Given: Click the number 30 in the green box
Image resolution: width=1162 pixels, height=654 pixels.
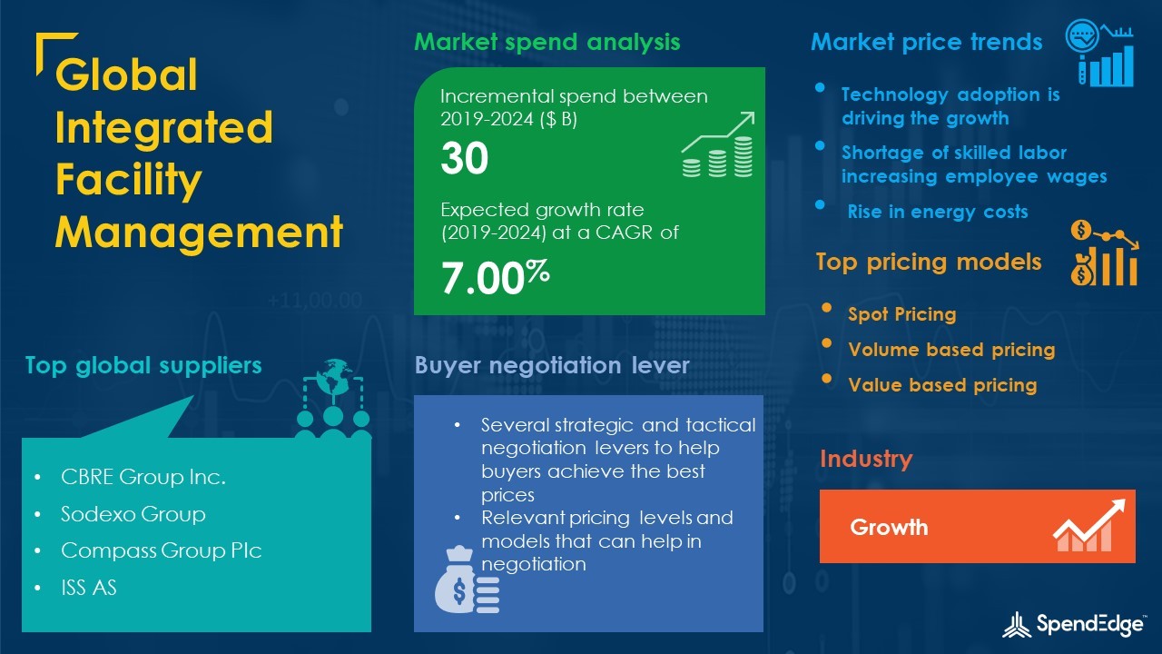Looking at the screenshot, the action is click(464, 158).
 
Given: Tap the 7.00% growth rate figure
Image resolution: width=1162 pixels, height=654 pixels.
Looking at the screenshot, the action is click(495, 277).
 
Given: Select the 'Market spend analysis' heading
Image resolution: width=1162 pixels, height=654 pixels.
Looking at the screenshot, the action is click(547, 42).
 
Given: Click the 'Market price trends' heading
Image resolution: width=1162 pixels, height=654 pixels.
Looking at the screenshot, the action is click(927, 42).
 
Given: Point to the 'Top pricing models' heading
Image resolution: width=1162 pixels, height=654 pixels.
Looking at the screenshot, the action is click(929, 263).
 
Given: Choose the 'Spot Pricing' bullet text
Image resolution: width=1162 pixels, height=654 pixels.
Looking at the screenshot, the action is click(902, 314).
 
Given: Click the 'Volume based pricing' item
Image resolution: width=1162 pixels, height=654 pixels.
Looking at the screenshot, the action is click(951, 350).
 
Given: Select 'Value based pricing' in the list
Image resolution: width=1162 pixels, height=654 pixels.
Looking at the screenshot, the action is click(942, 385).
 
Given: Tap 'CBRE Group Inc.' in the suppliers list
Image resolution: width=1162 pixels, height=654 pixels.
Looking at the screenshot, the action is click(143, 477).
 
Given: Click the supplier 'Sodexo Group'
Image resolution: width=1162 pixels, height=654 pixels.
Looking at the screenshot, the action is click(133, 514).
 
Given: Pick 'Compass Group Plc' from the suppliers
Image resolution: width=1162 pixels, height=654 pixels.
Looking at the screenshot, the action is click(162, 550).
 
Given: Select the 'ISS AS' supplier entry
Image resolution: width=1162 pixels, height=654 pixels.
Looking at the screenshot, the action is click(89, 587).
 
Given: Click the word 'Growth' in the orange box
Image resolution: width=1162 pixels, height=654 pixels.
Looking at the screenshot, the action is click(889, 528).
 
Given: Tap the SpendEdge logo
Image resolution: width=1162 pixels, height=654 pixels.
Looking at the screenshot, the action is click(1073, 624).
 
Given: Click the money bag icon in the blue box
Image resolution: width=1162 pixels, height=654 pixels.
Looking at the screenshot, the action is click(467, 580).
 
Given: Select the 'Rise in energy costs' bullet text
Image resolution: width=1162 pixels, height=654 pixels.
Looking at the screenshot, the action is click(938, 212).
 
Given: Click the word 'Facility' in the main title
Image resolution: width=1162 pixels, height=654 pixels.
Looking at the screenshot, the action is click(128, 180).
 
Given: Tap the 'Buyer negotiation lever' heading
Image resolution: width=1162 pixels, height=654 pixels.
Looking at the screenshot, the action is click(552, 365).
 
